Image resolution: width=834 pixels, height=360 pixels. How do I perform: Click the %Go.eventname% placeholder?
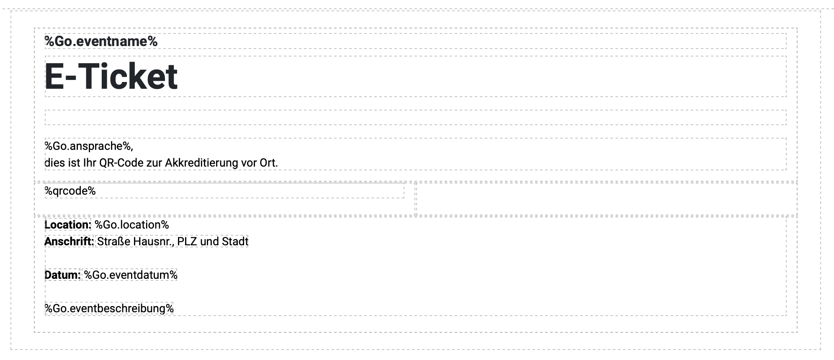[101, 41]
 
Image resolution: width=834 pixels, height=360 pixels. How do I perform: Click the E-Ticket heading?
[111, 76]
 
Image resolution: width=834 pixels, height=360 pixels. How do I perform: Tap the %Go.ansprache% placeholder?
[89, 146]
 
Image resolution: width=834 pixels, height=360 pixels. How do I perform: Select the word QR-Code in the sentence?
[121, 162]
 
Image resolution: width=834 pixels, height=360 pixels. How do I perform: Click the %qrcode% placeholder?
[70, 191]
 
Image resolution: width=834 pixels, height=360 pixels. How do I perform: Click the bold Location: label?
[68, 225]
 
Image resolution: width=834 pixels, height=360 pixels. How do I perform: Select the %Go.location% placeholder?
[131, 225]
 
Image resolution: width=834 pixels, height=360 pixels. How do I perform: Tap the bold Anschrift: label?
[69, 242]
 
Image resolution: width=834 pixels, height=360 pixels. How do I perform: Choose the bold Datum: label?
[62, 275]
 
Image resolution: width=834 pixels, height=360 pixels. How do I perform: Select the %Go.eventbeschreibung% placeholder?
[109, 309]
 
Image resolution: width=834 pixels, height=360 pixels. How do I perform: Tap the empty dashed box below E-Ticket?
[415, 118]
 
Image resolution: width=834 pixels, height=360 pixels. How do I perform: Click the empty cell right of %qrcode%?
[607, 199]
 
